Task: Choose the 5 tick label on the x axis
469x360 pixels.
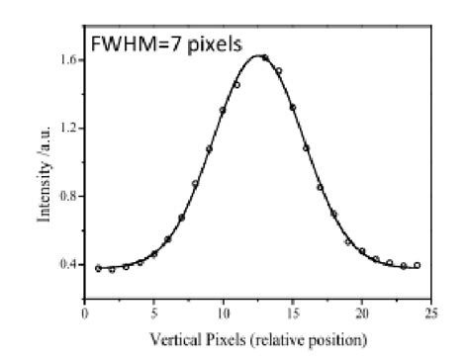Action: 153,313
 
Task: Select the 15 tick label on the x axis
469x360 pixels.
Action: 292,313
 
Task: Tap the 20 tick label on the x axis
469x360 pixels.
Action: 361,313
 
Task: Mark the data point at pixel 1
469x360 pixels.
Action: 98,268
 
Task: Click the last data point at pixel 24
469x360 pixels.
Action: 418,265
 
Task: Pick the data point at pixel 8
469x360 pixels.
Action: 195,184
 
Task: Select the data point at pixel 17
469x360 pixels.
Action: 320,187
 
